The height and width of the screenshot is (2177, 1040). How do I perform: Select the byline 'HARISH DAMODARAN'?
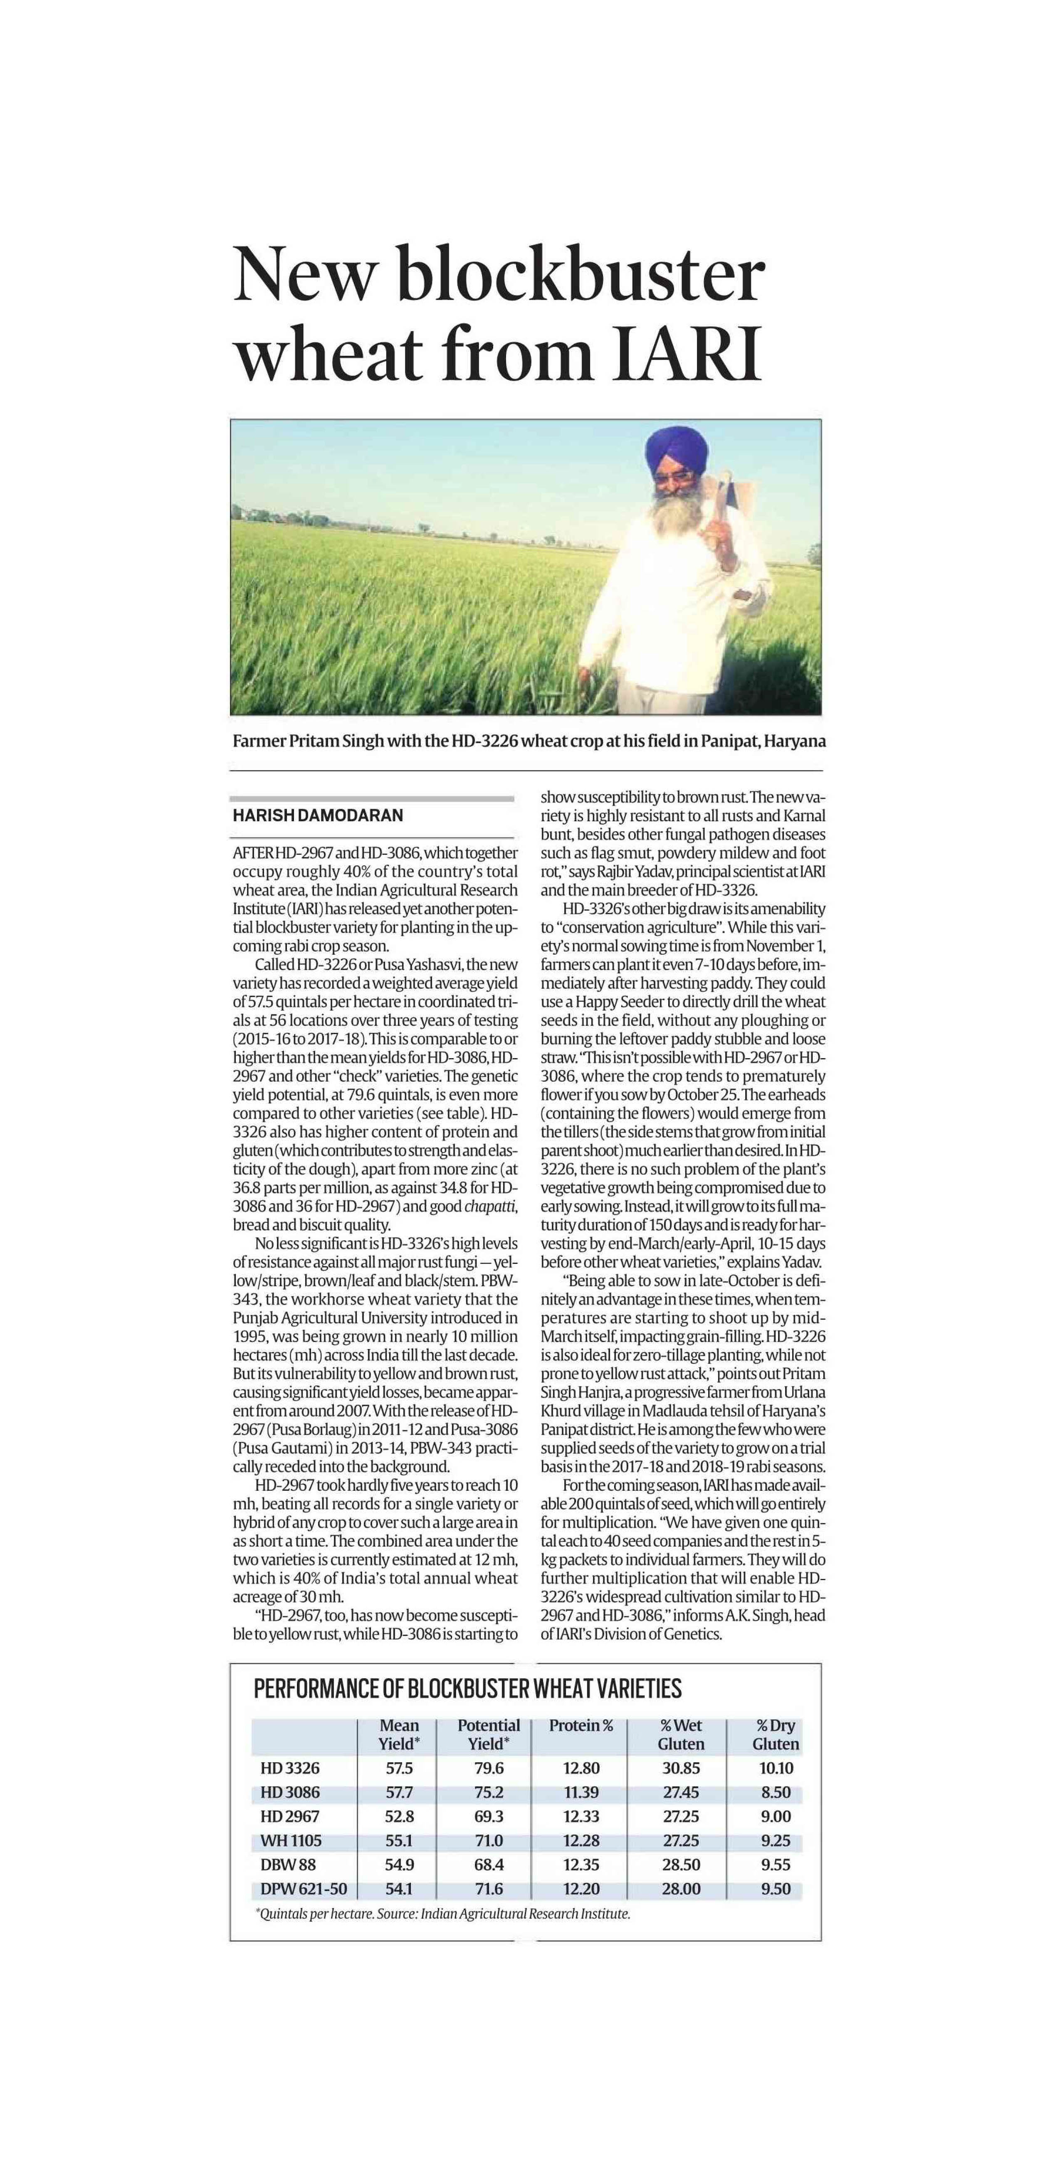318,815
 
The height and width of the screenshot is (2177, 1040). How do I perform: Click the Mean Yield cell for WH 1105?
399,1841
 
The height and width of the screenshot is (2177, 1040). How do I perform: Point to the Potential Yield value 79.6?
489,1768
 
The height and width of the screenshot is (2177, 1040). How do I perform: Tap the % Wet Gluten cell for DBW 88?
681,1864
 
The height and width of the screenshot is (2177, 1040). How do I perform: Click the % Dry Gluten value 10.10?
776,1768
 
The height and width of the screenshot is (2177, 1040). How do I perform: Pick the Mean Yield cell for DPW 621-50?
399,1889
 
